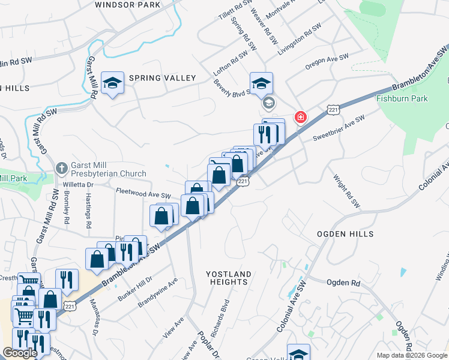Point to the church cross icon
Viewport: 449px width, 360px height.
pyautogui.click(x=61, y=169)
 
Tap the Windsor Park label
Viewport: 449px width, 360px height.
pyautogui.click(x=127, y=5)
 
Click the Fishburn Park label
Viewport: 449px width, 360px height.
pyautogui.click(x=402, y=98)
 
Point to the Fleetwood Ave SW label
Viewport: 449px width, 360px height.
pyautogui.click(x=143, y=195)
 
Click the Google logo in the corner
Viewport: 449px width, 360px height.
pyautogui.click(x=20, y=353)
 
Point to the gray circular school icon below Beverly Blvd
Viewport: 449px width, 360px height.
pyautogui.click(x=268, y=104)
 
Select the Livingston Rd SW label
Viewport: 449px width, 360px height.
pyautogui.click(x=299, y=40)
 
